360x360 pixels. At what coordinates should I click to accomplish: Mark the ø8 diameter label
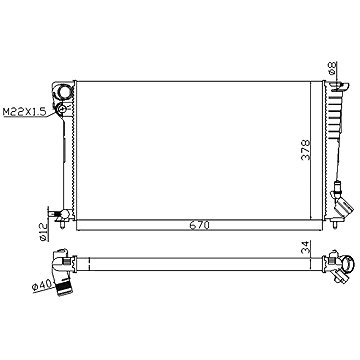pyautogui.click(x=331, y=70)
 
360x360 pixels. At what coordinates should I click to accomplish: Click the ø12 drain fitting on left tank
pyautogui.click(x=59, y=212)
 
